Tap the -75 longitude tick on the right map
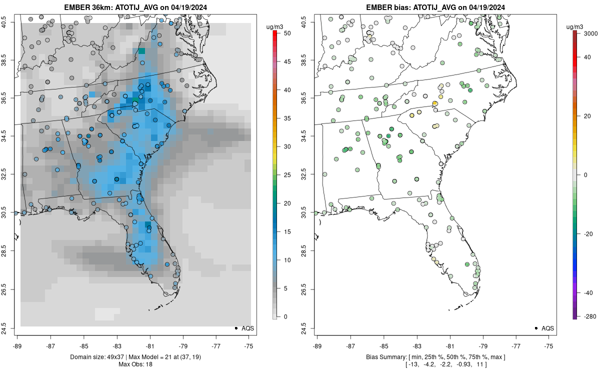point(549,345)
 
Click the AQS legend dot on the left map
point(235,328)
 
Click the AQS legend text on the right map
point(547,328)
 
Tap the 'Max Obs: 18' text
point(135,364)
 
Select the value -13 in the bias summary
point(413,364)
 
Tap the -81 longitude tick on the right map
point(449,345)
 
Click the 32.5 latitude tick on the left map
point(10,174)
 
